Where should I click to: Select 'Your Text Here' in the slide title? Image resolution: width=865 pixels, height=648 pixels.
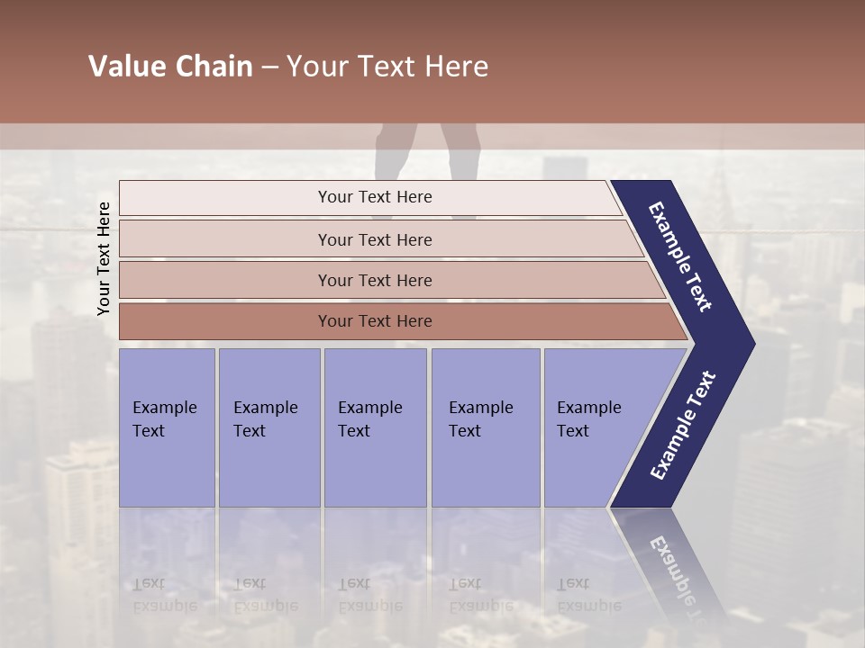click(387, 67)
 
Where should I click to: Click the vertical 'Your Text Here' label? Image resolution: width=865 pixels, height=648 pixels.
click(104, 258)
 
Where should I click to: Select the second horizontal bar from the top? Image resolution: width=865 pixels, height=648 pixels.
click(375, 239)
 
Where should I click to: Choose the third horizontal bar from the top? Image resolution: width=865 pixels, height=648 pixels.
click(375, 280)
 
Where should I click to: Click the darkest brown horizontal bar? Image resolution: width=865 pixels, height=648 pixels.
click(375, 321)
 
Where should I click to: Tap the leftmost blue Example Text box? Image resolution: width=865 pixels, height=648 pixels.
click(167, 427)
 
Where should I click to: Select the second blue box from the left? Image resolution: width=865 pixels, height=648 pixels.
click(269, 427)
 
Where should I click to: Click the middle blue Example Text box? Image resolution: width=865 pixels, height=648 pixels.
click(375, 427)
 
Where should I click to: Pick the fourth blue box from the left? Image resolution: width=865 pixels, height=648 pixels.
click(486, 427)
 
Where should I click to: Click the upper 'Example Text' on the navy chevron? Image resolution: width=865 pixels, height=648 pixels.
click(680, 256)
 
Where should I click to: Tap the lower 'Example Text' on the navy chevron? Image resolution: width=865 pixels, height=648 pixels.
click(683, 426)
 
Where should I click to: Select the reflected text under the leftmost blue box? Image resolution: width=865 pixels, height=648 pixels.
click(164, 595)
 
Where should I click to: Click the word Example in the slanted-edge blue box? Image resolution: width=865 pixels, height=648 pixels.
click(588, 408)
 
